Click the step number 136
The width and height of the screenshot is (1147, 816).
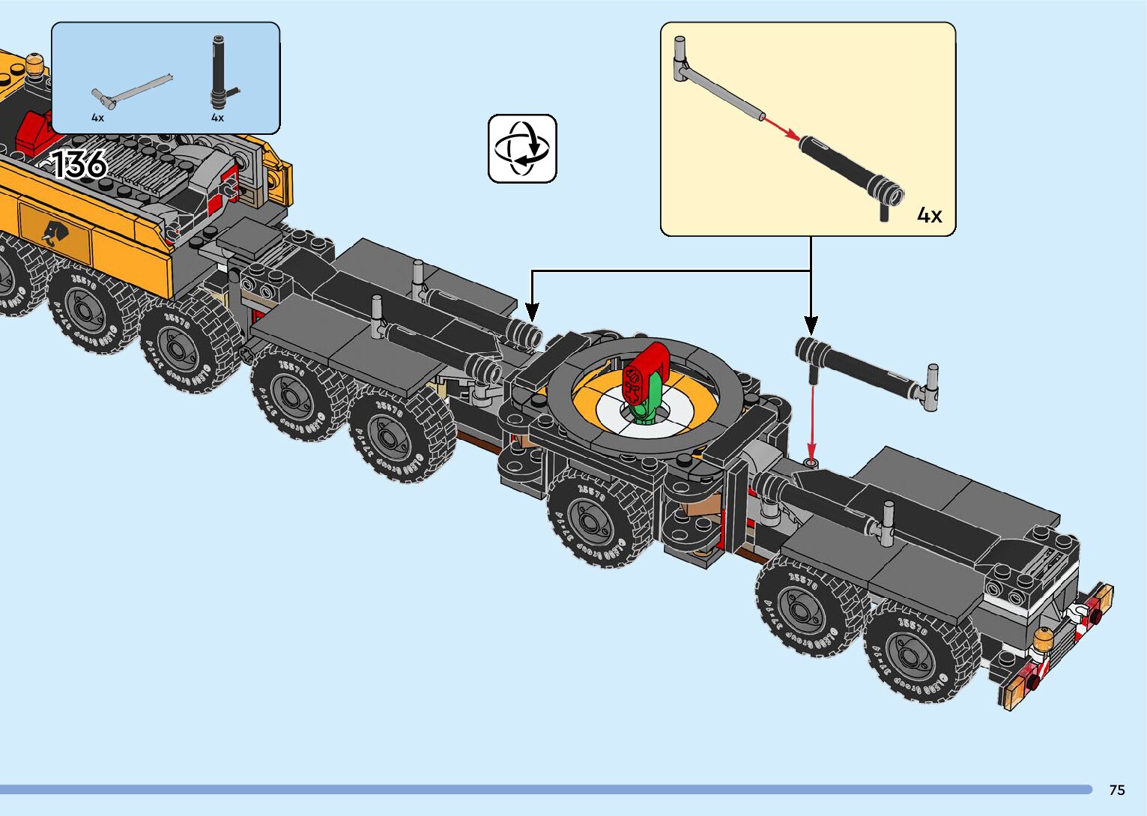coord(79,164)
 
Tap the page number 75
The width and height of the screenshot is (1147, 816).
coord(1116,790)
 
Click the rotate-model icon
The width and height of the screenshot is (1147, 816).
coord(522,148)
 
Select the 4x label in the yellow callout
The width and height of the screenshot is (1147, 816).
coord(929,216)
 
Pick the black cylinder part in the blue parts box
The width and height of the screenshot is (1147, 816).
coord(218,75)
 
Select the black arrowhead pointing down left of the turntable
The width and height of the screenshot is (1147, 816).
coord(532,310)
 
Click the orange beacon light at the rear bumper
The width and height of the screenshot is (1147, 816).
coord(1043,640)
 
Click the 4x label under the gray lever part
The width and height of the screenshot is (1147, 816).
coord(97,118)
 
